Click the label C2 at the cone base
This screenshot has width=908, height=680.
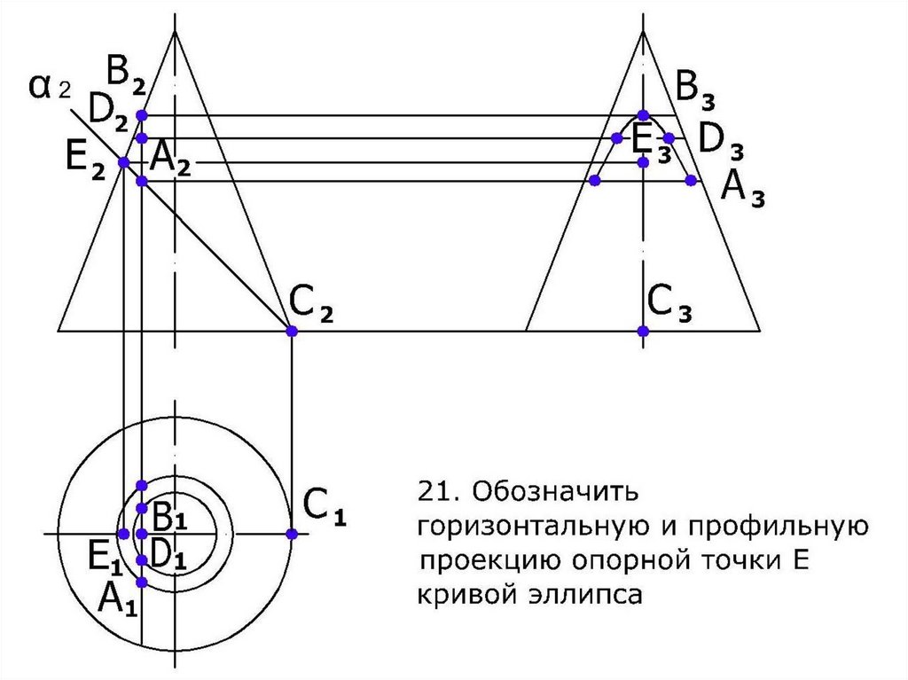pos(311,309)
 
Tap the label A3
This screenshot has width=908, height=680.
pos(743,189)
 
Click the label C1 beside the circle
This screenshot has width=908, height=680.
pos(323,507)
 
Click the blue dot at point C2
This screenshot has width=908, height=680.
pos(292,331)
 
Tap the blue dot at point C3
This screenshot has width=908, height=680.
pos(643,331)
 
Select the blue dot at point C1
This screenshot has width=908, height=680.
pos(292,534)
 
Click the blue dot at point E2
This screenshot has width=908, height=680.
pos(124,162)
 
